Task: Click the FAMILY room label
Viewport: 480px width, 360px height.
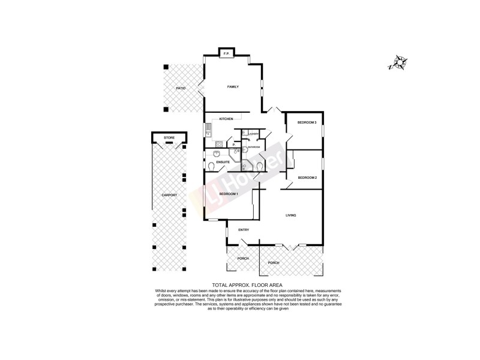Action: point(233,87)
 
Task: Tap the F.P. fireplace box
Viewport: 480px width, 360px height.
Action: point(227,55)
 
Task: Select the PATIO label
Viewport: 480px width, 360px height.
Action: point(180,88)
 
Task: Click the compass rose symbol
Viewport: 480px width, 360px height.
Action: point(397,63)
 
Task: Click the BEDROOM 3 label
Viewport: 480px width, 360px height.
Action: point(307,123)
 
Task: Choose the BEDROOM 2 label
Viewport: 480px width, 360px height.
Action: point(307,178)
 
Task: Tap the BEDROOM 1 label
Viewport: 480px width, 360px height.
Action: point(229,194)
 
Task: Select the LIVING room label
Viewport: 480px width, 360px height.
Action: point(291,215)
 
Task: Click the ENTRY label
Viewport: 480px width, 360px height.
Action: point(244,230)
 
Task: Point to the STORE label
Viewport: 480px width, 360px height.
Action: point(169,138)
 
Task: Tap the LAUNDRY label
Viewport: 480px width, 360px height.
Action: point(254,134)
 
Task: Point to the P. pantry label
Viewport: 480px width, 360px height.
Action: point(233,145)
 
